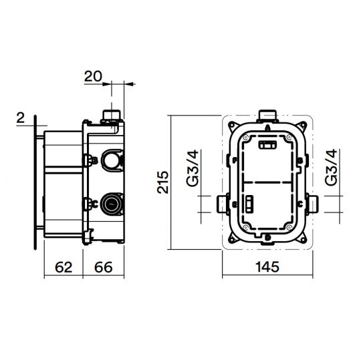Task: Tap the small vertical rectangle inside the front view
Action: click(x=249, y=202)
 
